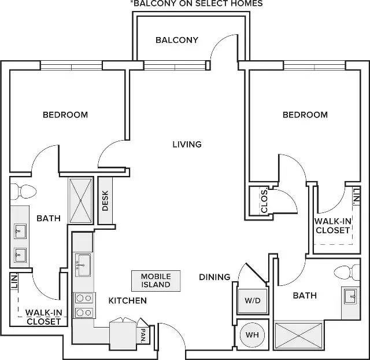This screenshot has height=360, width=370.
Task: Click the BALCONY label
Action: [x=177, y=40]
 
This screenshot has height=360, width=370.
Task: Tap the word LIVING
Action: [x=187, y=144]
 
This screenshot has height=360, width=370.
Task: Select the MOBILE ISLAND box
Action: [x=156, y=281]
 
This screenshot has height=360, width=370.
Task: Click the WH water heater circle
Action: [x=252, y=335]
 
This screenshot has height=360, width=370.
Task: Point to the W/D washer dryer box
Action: [x=253, y=300]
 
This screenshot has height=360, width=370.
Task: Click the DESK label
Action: [x=105, y=201]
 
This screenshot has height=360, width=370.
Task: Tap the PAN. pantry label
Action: [x=143, y=336]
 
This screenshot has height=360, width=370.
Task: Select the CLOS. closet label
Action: [x=264, y=201]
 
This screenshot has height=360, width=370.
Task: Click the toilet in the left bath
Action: [x=23, y=192]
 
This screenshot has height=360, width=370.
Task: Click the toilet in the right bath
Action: [x=347, y=272]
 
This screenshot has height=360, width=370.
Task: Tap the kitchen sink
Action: [x=83, y=265]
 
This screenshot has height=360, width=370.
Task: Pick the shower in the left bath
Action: [x=81, y=201]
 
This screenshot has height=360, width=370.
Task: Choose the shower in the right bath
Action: [x=298, y=336]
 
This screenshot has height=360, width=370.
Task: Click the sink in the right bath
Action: [x=351, y=296]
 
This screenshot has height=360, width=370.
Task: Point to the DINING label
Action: [x=214, y=277]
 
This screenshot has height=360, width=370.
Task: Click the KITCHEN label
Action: [x=128, y=301]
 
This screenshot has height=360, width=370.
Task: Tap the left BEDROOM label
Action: [x=65, y=115]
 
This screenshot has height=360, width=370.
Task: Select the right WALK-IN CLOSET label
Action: [x=333, y=226]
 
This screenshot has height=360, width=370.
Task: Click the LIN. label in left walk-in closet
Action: [x=14, y=281]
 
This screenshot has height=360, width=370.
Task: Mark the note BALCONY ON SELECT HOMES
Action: [x=197, y=3]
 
